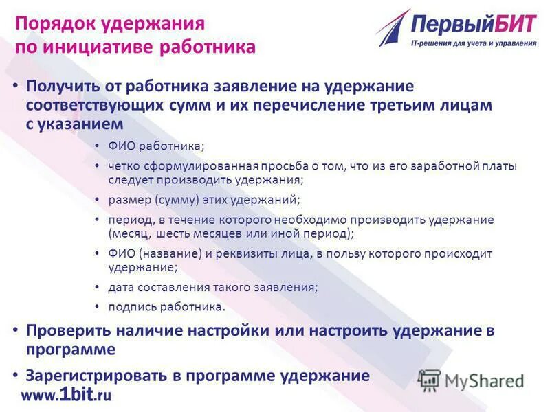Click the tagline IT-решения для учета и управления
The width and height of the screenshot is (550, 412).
tap(473, 43)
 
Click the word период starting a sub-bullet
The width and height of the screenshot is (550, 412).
tap(126, 220)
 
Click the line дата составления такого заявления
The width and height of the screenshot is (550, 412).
tap(212, 287)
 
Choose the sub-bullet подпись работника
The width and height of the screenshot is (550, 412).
tap(166, 307)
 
